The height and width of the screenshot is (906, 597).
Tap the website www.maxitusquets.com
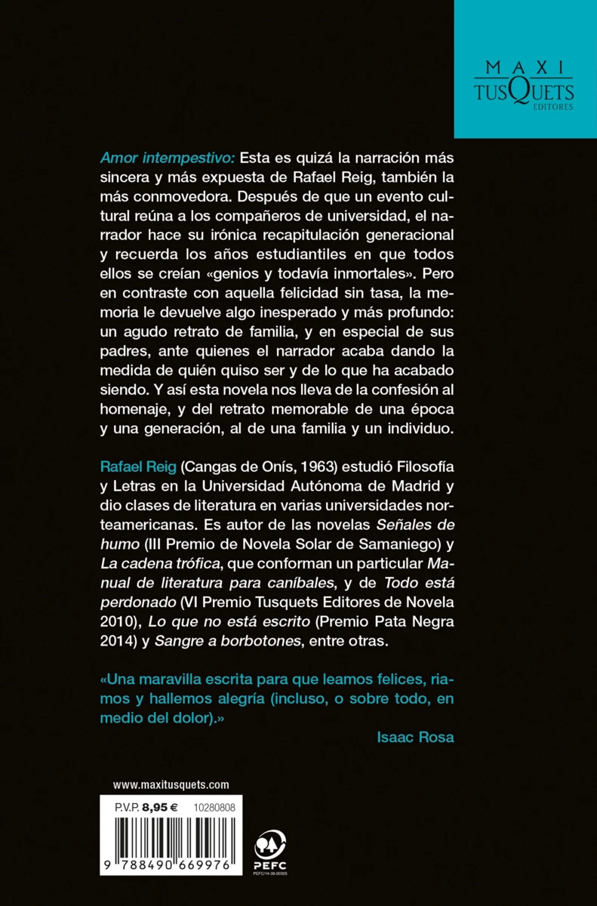point(171,784)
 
